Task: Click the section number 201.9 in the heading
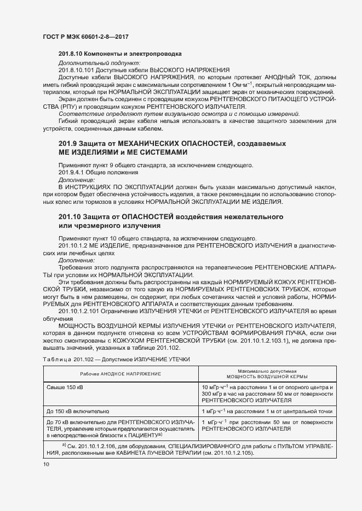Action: pos(69,143)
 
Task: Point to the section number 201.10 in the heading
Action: pos(71,217)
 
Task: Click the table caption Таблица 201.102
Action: pos(64,359)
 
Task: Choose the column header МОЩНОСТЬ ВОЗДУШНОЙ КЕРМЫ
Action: pos(267,377)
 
